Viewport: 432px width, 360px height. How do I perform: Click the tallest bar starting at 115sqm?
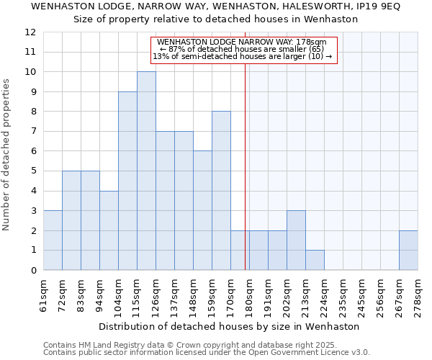pos(146,171)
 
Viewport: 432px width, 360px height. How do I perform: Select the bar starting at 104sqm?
pos(127,181)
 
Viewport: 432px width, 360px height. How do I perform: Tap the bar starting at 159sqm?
pos(221,191)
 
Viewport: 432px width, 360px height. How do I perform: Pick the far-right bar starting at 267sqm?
pos(408,250)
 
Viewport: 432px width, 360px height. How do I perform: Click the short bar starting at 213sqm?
pos(315,260)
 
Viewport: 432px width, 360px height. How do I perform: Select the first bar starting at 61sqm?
pos(53,240)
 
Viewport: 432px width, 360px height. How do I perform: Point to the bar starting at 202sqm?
pos(296,240)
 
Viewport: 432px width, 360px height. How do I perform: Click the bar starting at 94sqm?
pos(109,230)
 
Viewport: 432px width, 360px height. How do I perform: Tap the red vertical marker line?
pos(246,166)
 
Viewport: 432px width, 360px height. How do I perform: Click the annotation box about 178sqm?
pos(243,50)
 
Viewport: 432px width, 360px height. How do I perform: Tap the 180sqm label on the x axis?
pos(249,294)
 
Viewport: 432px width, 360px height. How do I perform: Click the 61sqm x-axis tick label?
pos(43,294)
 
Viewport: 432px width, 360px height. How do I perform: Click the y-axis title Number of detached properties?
pos(6,156)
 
